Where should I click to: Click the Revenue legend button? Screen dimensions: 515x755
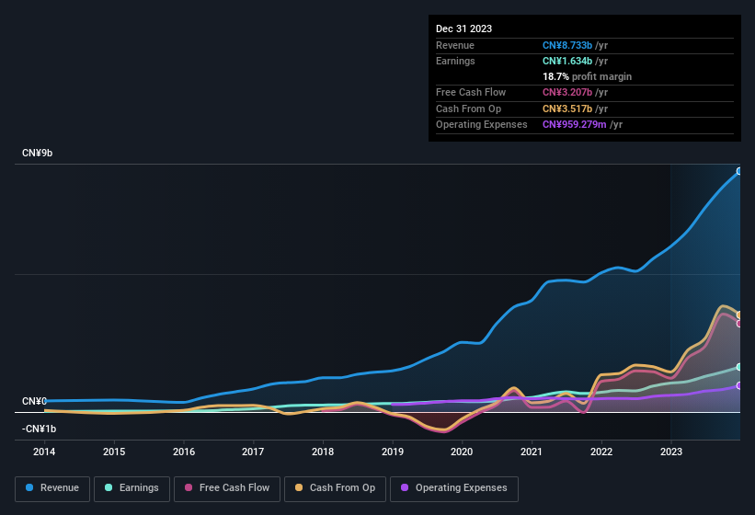52,488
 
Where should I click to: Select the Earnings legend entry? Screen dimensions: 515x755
131,488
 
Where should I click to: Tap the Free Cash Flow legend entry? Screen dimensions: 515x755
226,488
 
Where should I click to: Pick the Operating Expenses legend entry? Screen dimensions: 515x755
454,488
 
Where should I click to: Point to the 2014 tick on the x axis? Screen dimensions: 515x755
44,452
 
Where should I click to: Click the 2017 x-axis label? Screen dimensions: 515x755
253,452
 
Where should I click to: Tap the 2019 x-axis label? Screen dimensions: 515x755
393,452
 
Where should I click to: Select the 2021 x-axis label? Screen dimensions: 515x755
532,452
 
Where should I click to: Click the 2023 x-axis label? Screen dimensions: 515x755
671,452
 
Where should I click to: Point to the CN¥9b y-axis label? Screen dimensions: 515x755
38,153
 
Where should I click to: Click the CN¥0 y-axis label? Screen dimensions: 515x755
34,402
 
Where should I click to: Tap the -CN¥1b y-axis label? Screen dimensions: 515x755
39,429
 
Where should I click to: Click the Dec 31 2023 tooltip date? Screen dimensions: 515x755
463,29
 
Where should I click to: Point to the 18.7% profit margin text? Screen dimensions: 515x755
587,76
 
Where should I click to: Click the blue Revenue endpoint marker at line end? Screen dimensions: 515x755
739,171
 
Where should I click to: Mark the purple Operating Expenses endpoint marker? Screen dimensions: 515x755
739,386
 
